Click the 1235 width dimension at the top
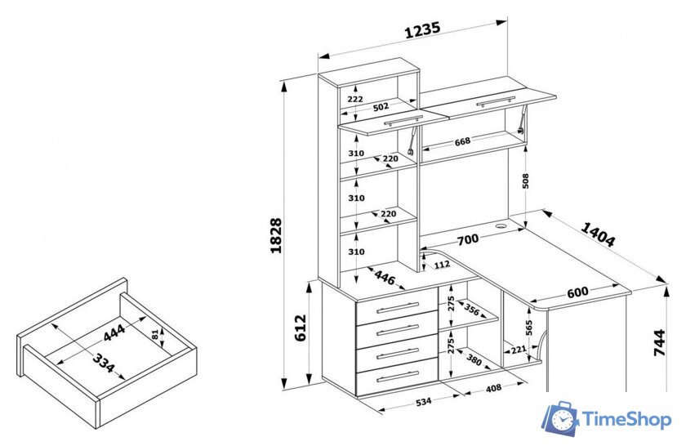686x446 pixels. click(x=422, y=30)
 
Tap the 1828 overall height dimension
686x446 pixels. click(x=276, y=235)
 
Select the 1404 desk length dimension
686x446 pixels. click(x=598, y=234)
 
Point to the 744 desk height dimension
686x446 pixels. click(x=659, y=342)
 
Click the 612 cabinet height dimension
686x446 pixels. click(x=301, y=328)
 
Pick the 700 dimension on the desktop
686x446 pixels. click(x=468, y=239)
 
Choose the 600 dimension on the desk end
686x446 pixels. click(x=577, y=292)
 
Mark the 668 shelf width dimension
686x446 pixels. click(x=462, y=141)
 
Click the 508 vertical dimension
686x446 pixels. click(x=525, y=181)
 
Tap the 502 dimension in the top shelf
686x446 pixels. click(x=381, y=106)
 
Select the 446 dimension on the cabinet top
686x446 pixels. click(x=385, y=277)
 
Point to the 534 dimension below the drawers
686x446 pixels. click(x=423, y=401)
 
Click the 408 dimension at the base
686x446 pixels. click(x=493, y=388)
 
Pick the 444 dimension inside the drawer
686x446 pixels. click(x=114, y=332)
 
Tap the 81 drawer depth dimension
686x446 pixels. click(x=155, y=335)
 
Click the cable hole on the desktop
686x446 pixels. click(x=501, y=226)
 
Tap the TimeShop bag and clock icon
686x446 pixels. click(x=560, y=418)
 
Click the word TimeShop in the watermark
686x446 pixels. click(x=627, y=420)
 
